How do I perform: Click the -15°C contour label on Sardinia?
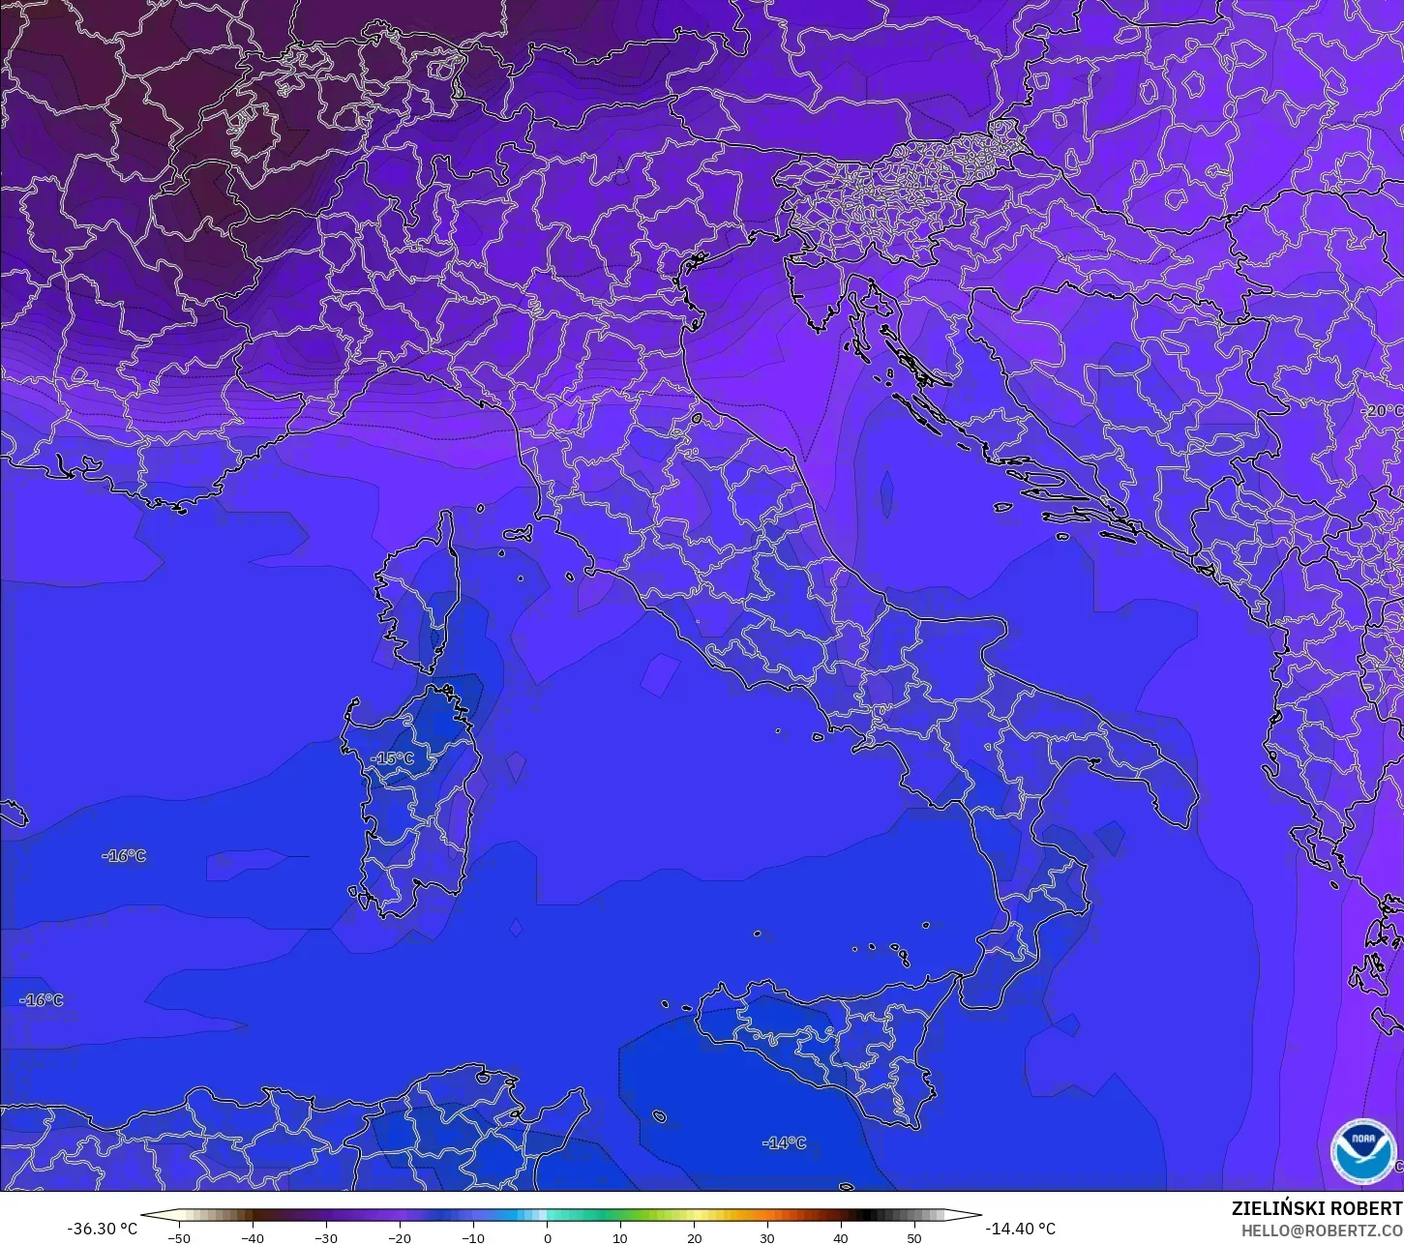point(392,758)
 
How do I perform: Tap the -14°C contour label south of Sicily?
point(784,1142)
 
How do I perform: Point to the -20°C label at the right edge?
point(1382,411)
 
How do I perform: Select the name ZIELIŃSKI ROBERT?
point(1316,1209)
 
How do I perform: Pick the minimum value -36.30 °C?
point(102,1229)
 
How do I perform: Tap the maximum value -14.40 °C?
point(1020,1229)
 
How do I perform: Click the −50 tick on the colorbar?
point(179,1237)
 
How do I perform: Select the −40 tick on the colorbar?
point(253,1237)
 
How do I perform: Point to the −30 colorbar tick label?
point(326,1237)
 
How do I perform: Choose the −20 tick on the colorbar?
point(400,1237)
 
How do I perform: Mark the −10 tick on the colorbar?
point(473,1237)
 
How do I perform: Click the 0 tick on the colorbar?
point(547,1237)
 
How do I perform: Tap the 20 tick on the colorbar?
point(694,1237)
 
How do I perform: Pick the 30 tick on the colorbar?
point(767,1237)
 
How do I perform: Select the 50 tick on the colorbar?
point(914,1237)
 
